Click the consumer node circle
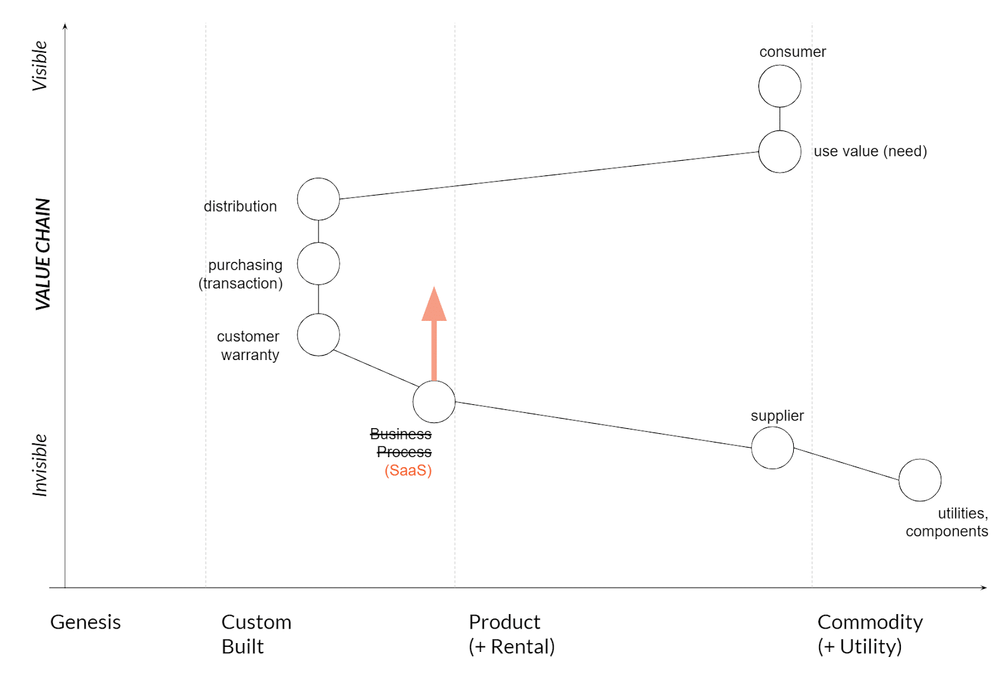779,86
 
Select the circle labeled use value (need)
779,151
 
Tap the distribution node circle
318,199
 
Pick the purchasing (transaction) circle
318,264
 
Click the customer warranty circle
318,335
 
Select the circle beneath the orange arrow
433,402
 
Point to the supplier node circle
772,448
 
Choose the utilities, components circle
919,480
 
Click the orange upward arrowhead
433,305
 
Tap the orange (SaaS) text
408,470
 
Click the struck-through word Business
401,434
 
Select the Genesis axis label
85,622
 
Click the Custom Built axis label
256,634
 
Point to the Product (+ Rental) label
511,634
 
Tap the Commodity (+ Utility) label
869,634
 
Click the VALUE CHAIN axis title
42,253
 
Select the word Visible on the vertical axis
40,66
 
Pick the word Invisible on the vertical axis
40,465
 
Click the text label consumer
792,52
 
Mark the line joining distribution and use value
548,175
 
